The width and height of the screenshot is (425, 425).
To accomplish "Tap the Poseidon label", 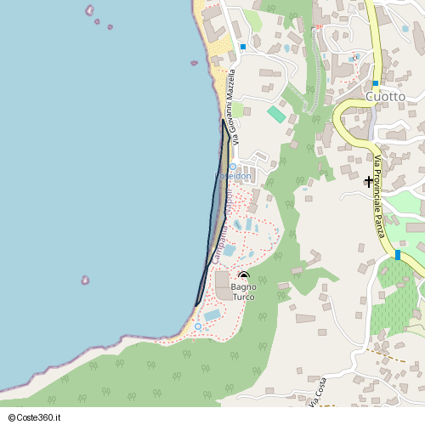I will click(232, 176).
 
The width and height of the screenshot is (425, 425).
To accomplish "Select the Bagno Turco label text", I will click(243, 292).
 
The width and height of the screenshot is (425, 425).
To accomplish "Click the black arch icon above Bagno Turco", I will click(244, 276).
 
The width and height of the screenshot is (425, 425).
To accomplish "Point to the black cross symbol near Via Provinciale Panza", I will click(369, 181).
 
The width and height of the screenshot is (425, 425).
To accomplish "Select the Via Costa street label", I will click(315, 393).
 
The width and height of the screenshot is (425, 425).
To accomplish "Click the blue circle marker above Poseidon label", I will click(233, 167).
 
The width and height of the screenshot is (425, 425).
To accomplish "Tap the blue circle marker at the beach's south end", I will click(198, 326).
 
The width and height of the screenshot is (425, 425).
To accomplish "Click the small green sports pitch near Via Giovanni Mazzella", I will click(276, 114).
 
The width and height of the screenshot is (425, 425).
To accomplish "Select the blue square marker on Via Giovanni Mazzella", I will click(242, 47).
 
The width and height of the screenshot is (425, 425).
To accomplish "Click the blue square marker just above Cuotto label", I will click(375, 83).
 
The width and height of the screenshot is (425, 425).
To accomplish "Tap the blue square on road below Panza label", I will click(397, 254).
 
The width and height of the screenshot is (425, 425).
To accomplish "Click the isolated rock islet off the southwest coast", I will click(85, 280).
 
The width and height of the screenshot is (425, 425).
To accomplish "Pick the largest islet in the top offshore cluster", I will click(89, 10).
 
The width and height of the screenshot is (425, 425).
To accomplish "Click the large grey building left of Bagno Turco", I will click(222, 285).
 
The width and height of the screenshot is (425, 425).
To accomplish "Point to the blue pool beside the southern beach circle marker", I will click(212, 315).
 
